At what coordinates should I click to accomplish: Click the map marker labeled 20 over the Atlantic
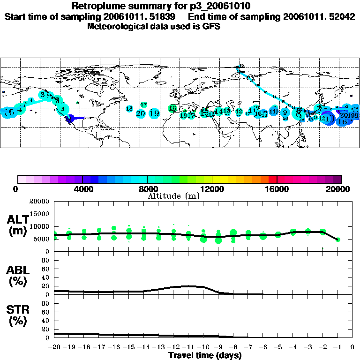tap(141, 113)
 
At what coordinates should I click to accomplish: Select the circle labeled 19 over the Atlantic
tap(154, 113)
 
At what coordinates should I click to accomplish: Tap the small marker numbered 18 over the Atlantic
tap(129, 108)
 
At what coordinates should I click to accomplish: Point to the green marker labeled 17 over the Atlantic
tap(144, 105)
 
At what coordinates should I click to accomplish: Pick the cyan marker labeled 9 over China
tap(285, 112)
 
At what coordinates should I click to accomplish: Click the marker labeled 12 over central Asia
tap(239, 112)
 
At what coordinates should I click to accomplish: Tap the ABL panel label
tap(19, 277)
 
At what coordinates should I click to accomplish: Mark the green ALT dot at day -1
tap(338, 240)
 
